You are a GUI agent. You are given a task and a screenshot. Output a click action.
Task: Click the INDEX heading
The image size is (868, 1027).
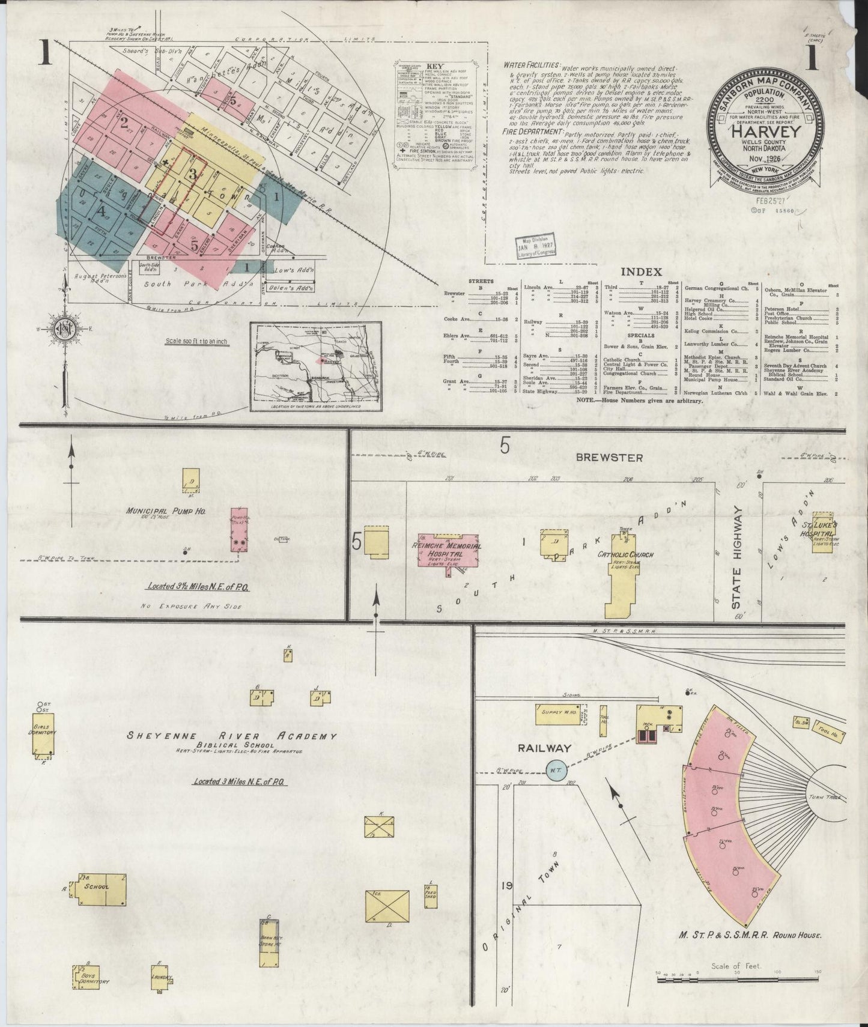click(641, 272)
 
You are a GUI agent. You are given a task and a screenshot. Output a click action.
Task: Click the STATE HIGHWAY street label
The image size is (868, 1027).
click(738, 559)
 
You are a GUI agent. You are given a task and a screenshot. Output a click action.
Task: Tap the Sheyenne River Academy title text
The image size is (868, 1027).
click(232, 736)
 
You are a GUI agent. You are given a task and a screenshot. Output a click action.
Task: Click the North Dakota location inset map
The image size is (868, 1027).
click(316, 367)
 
